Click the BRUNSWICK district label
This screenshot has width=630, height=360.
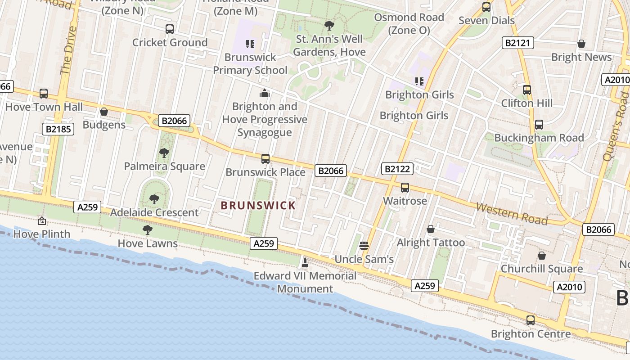[258, 206]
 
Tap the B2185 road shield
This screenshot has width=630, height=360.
[58, 129]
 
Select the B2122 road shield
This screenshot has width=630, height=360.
[397, 169]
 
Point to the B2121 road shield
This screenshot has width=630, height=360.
[518, 43]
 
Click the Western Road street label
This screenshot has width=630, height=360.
[512, 214]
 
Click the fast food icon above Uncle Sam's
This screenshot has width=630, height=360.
[364, 245]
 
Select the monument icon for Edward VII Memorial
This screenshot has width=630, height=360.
[305, 262]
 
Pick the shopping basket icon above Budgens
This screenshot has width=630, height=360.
[104, 112]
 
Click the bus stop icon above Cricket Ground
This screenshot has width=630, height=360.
[170, 29]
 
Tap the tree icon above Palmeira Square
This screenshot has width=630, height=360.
[164, 153]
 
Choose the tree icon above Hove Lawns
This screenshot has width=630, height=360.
[147, 230]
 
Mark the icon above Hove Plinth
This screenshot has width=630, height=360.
[42, 220]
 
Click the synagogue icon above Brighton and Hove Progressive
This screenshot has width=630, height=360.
[265, 93]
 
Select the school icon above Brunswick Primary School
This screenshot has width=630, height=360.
[250, 44]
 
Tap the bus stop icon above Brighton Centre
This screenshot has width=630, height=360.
[531, 320]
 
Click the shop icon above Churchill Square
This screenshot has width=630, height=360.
[542, 256]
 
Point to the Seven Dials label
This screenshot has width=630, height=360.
[486, 20]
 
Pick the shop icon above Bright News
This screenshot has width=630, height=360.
[581, 44]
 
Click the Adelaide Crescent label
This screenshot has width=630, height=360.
[154, 212]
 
